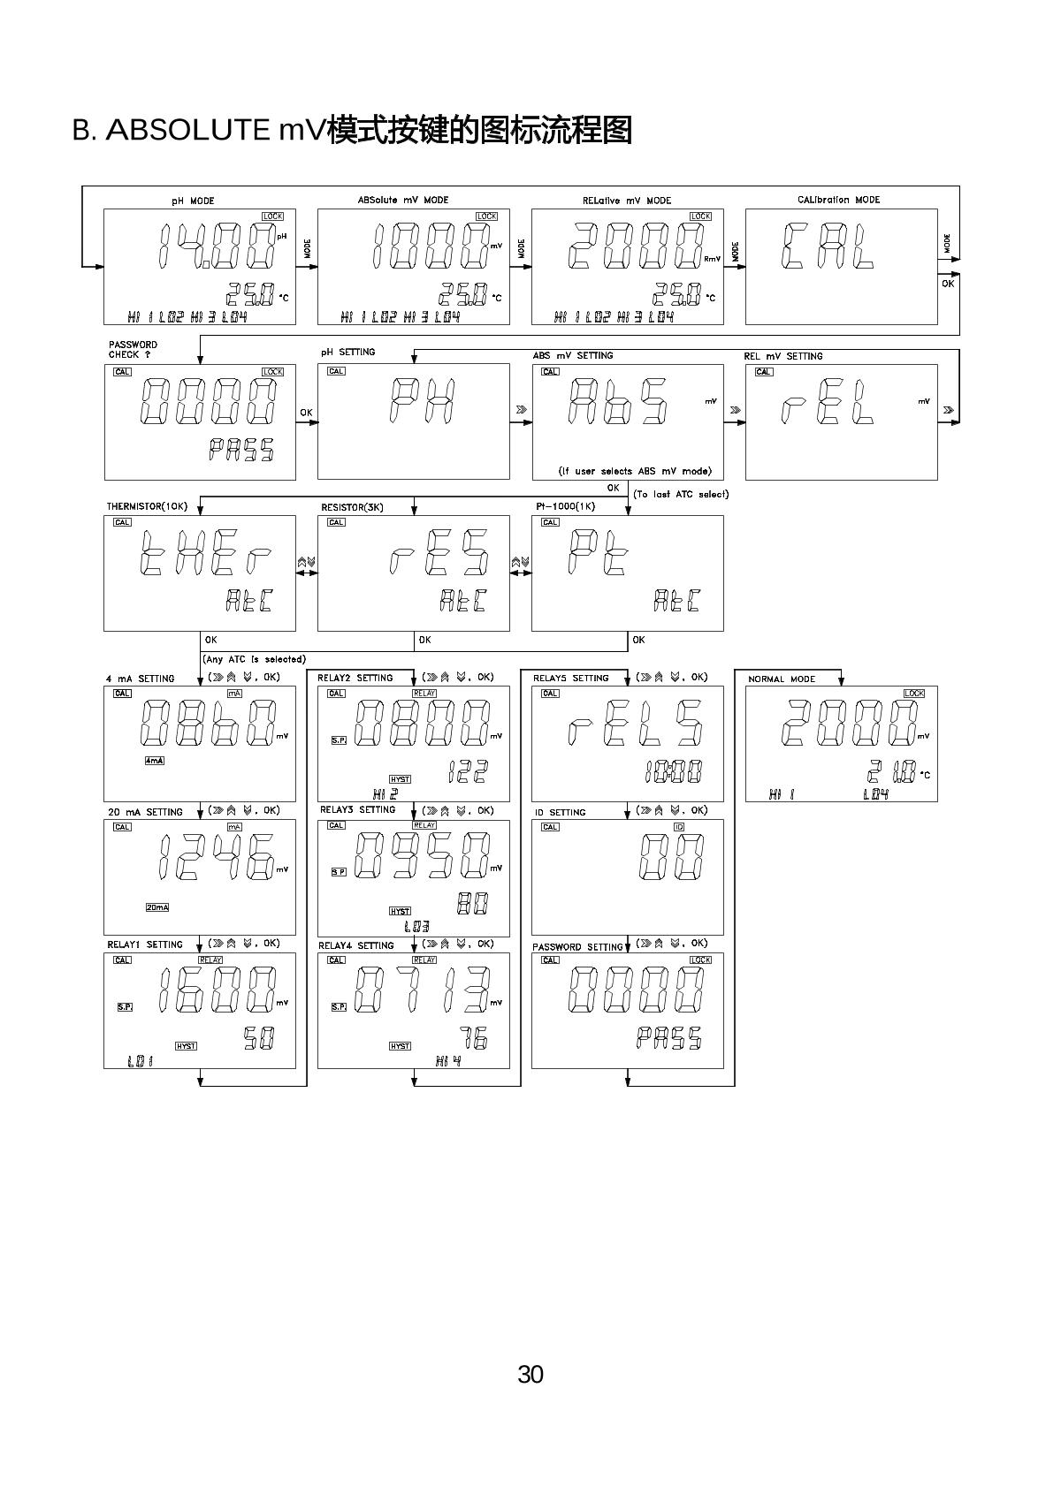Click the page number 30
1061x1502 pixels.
(x=530, y=1375)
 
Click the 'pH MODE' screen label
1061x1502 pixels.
(x=193, y=201)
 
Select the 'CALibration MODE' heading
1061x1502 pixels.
(x=838, y=200)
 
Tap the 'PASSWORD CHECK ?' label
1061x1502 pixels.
(x=133, y=349)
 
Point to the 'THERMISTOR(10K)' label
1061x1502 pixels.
(x=148, y=506)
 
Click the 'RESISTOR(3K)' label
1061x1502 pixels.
(x=352, y=507)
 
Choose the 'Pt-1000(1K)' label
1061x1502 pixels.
(x=566, y=506)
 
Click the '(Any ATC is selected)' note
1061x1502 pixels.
(x=254, y=659)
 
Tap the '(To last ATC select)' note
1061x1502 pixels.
(x=681, y=494)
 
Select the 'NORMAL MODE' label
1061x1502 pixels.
(x=782, y=679)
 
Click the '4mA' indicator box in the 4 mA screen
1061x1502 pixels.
(x=154, y=761)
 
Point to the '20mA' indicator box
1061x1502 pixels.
(x=156, y=907)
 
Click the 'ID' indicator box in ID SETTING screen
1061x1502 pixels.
(x=679, y=827)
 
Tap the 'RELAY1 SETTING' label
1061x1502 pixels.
(x=145, y=944)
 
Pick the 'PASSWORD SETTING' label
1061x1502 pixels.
(x=577, y=947)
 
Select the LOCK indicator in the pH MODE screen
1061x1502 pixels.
(x=272, y=216)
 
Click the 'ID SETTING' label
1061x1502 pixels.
(x=561, y=812)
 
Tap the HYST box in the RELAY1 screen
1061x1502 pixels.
(x=186, y=1046)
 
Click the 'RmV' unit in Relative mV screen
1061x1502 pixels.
(x=712, y=258)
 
